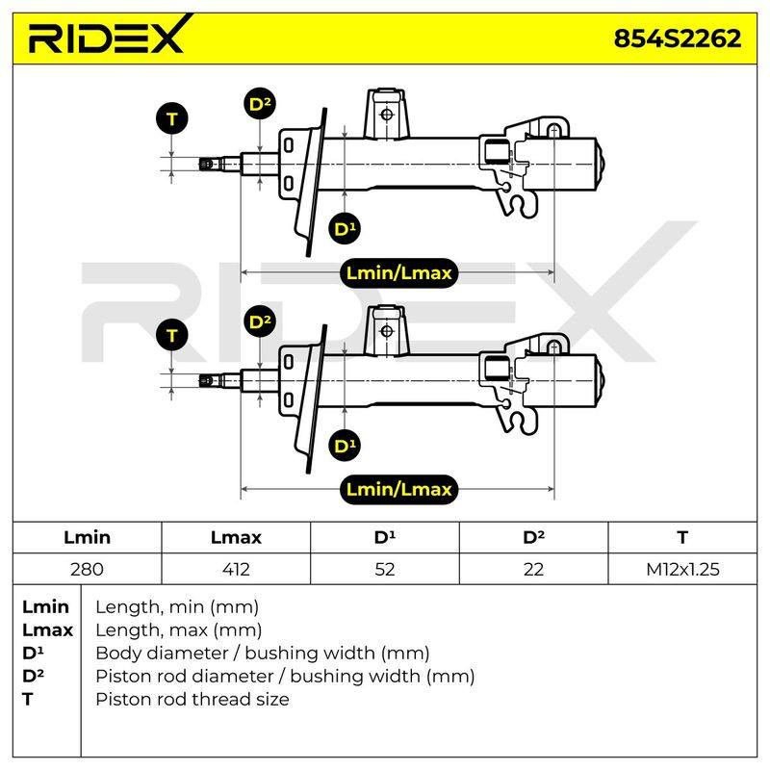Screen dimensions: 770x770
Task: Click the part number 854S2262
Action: click(678, 38)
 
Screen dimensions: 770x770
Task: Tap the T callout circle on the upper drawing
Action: click(172, 118)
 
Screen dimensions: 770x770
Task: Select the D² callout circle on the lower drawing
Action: click(260, 322)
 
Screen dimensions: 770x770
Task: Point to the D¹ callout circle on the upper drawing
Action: click(345, 229)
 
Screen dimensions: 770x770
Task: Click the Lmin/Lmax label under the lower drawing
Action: click(398, 490)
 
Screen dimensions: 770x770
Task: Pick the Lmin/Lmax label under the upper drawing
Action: click(398, 273)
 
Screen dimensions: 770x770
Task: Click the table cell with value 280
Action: click(87, 569)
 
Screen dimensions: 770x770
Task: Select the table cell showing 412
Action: click(236, 569)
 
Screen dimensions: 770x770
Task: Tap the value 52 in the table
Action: click(384, 569)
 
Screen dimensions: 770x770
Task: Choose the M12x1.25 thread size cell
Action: click(682, 569)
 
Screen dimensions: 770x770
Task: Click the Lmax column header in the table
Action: click(236, 537)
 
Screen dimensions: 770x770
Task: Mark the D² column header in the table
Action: click(534, 537)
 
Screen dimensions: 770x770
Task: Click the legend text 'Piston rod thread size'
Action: click(192, 700)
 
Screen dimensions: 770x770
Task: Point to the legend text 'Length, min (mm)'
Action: click(177, 607)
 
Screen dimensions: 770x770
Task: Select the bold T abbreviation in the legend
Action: click(28, 700)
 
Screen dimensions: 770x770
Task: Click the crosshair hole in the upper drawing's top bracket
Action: click(387, 115)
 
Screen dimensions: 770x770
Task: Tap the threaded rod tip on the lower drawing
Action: click(207, 380)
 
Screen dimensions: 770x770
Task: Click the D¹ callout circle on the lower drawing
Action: click(345, 446)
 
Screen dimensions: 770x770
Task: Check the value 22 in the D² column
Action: click(533, 569)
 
